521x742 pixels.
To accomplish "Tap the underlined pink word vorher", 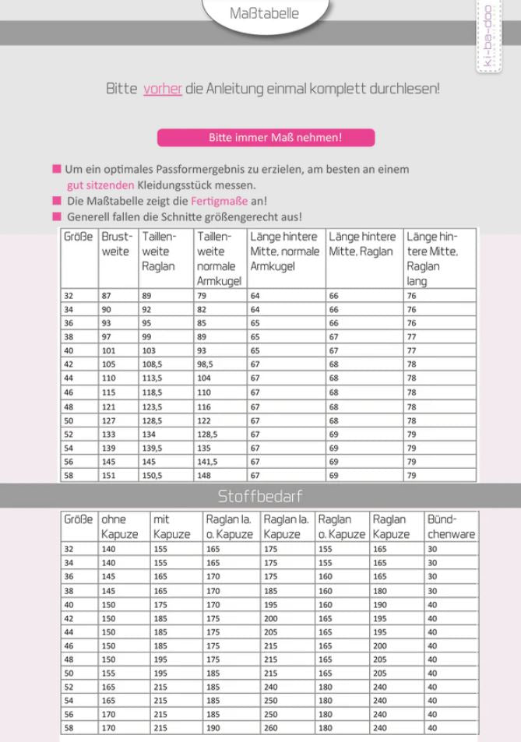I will tap(162, 89).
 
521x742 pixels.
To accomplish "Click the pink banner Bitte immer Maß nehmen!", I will tap(266, 138).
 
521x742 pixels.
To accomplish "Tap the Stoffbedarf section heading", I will tap(260, 496).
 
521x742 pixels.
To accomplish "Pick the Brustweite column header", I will tap(118, 244).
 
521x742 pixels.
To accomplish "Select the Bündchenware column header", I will tap(450, 526).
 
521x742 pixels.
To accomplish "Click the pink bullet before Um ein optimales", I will tap(57, 169).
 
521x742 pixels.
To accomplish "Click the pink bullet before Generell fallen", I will tap(57, 216).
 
